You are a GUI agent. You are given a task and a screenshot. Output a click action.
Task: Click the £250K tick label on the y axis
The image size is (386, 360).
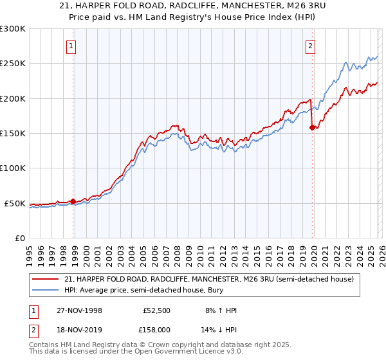[13, 64]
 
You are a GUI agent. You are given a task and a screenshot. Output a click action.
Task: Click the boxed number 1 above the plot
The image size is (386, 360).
[70, 46]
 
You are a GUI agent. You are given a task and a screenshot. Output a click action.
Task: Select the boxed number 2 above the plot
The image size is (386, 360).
[310, 46]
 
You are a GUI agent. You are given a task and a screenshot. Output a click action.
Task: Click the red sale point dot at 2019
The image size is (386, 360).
[313, 127]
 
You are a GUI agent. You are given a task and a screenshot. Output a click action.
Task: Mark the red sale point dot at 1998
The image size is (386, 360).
[73, 201]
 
